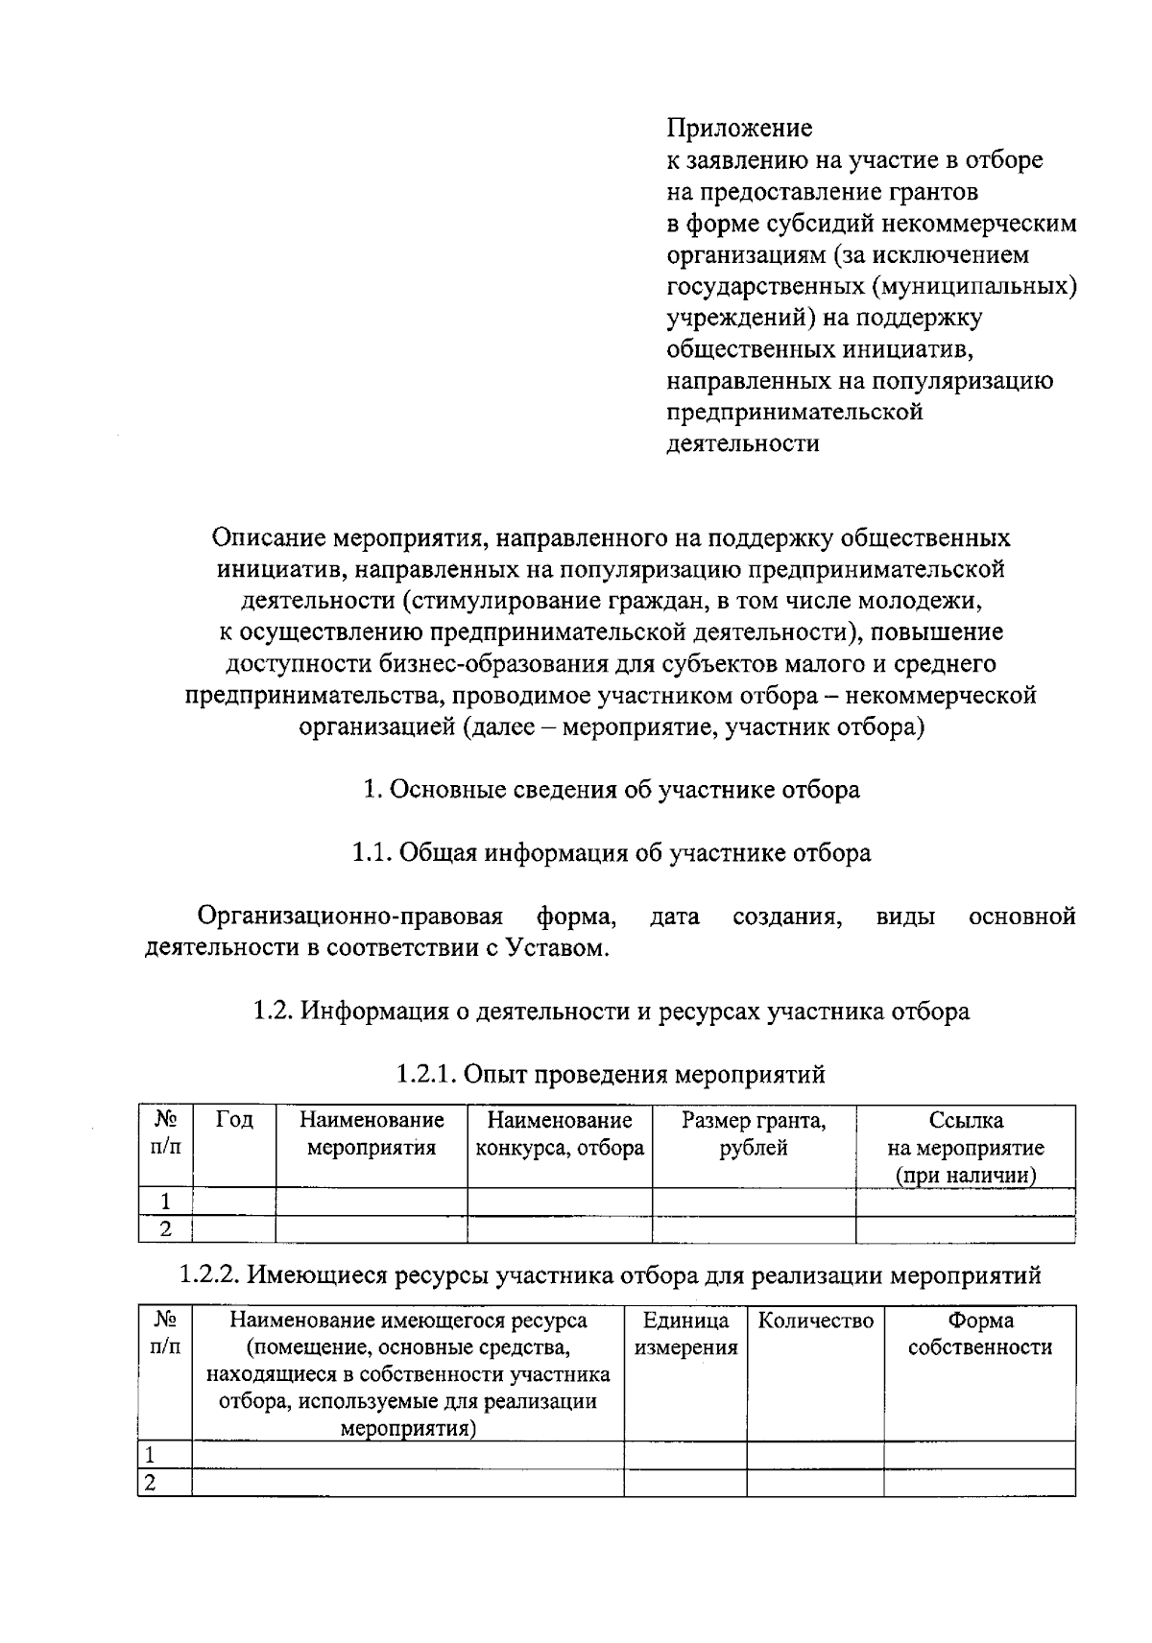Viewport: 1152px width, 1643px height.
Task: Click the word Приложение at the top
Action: coord(739,128)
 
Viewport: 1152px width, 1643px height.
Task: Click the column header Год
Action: coord(234,1120)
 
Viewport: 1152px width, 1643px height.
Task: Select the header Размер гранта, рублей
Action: coord(754,1133)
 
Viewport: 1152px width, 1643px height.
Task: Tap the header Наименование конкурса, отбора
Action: coord(560,1133)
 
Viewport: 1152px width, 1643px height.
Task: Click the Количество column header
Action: coord(815,1321)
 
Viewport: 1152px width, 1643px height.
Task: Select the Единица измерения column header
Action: coord(685,1334)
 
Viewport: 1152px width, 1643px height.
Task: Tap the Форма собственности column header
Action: coord(979,1334)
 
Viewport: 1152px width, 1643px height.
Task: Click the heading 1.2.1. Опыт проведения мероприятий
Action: coord(611,1074)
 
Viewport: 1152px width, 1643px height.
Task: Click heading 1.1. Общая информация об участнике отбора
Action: coord(611,852)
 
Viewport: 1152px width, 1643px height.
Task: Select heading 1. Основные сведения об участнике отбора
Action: coord(611,790)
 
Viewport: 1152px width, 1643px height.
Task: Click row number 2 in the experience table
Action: coord(165,1228)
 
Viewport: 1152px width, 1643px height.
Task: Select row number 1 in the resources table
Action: coord(151,1455)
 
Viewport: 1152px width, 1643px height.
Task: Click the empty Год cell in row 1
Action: coord(234,1202)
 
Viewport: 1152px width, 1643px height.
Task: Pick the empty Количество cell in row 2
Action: coord(815,1483)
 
